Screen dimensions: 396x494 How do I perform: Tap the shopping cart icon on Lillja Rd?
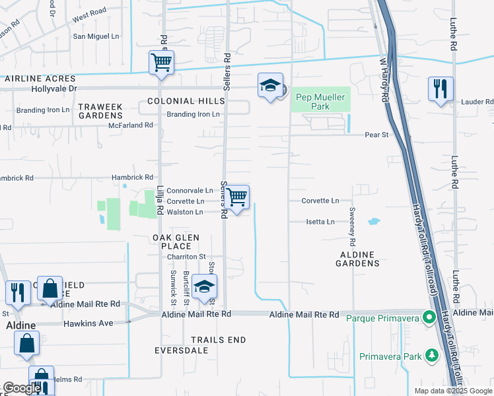(x=161, y=63)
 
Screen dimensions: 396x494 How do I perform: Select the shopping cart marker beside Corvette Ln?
(x=236, y=197)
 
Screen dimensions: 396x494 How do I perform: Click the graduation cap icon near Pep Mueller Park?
(x=270, y=85)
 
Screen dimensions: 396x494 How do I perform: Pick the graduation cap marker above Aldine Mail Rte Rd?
(x=205, y=287)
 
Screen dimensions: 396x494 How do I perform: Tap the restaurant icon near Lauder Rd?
(x=441, y=88)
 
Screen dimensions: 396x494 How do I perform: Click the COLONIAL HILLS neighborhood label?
(x=186, y=101)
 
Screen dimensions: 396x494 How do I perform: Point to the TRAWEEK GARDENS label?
(x=101, y=111)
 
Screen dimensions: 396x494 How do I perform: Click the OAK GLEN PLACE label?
(x=176, y=242)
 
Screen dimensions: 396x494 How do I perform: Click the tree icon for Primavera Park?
(x=432, y=356)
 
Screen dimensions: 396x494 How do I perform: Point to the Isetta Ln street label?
(x=320, y=222)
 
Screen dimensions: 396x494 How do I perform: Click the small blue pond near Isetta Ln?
(x=374, y=222)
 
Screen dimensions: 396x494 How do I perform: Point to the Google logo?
(x=22, y=388)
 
